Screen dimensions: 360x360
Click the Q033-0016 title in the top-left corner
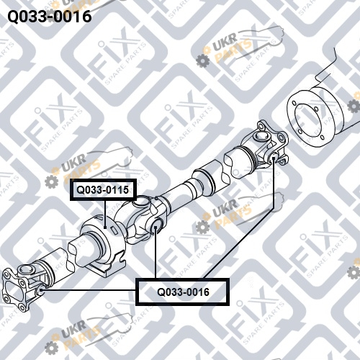click(x=50, y=17)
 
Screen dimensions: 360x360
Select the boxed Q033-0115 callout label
click(x=103, y=189)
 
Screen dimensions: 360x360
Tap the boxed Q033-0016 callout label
click(x=182, y=292)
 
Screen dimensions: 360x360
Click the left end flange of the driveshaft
click(x=14, y=289)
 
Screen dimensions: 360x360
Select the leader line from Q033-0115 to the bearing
click(x=105, y=214)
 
